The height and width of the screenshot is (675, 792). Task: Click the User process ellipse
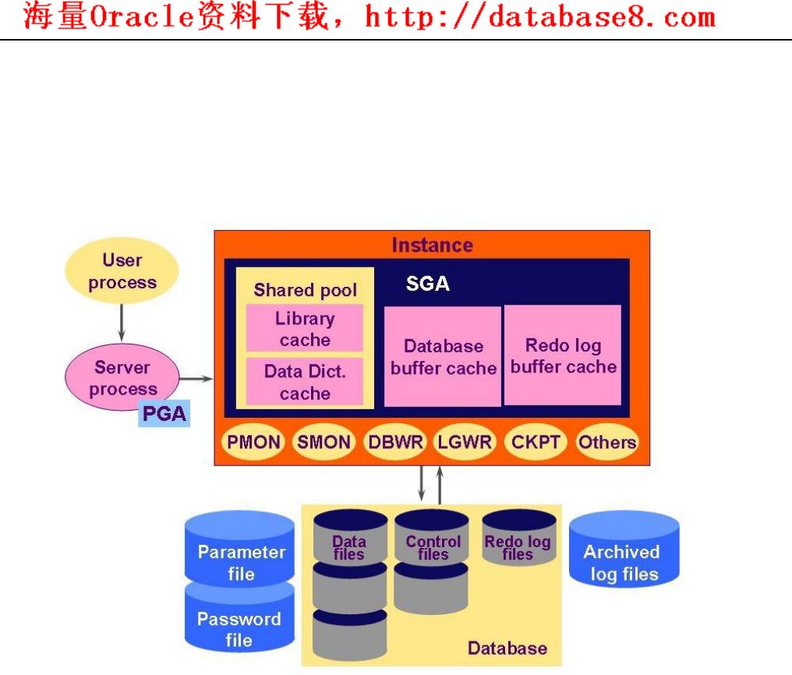122,271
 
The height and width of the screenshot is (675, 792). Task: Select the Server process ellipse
122,378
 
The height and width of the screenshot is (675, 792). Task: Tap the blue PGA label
164,413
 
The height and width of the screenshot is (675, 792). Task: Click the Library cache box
305,329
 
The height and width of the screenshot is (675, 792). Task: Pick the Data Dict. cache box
305,382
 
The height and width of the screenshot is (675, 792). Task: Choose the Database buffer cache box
443,356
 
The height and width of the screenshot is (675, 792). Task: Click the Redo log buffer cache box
563,355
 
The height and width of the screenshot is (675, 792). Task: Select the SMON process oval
324,443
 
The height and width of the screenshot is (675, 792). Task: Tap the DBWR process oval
396,443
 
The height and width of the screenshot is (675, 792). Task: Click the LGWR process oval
465,443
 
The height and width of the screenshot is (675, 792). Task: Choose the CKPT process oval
536,443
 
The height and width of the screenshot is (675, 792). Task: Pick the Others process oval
606,443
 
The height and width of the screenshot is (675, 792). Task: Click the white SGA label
427,284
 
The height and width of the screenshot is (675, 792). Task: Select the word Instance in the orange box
432,246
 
